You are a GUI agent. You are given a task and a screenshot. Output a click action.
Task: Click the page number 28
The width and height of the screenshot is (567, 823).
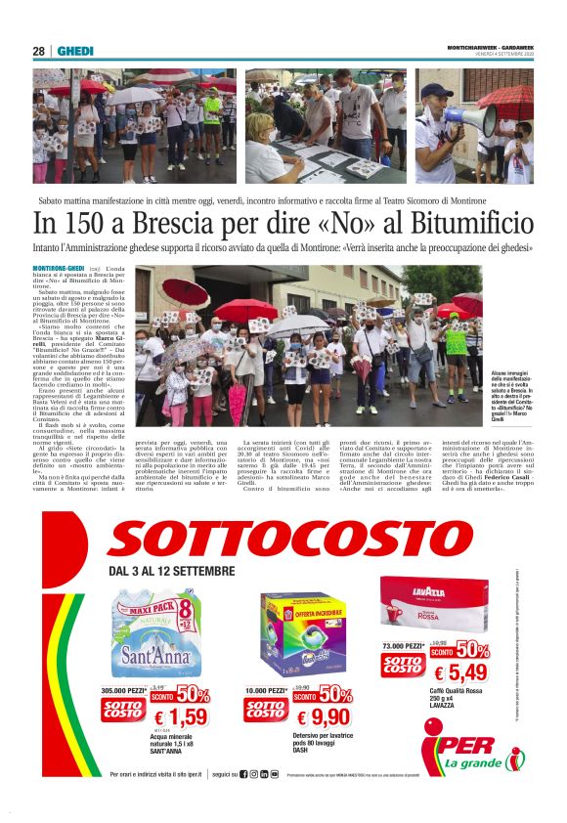[38, 51]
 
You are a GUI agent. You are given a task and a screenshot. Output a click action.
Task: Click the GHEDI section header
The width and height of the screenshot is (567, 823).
[74, 51]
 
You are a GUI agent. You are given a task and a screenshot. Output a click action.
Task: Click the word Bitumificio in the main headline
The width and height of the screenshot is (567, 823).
[463, 225]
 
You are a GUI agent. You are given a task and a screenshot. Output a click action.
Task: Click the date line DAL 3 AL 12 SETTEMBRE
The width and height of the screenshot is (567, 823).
[172, 571]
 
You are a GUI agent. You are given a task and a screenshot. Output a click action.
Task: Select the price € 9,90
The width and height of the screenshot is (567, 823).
[323, 719]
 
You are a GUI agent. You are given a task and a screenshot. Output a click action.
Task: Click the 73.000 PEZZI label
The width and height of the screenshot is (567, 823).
[403, 646]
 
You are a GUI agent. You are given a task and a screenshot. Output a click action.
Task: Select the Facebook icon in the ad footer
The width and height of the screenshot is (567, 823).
[243, 774]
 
